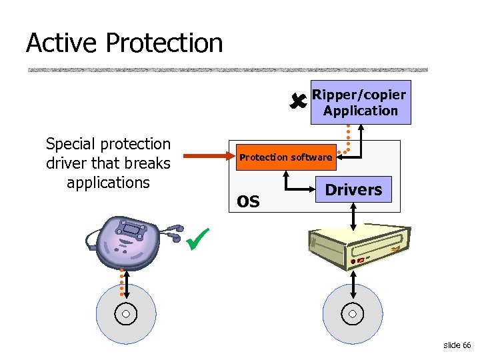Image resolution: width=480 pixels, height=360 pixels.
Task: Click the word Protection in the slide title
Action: tap(164, 43)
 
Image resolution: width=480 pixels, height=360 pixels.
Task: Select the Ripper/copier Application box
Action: tap(361, 103)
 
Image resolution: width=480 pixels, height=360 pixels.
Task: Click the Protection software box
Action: tap(285, 157)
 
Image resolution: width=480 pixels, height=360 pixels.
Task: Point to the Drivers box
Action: tap(353, 190)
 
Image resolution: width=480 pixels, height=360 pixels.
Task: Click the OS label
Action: tap(248, 200)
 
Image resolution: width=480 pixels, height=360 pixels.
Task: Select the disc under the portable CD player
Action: tap(126, 314)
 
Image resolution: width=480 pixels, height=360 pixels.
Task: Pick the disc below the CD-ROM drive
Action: tap(353, 314)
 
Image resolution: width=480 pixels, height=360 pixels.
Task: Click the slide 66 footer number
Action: tap(457, 345)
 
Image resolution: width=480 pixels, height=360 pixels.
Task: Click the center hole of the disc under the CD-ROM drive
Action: tap(353, 314)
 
